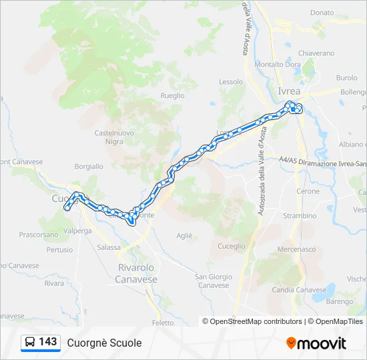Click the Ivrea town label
(x=288, y=91)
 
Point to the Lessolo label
(x=231, y=82)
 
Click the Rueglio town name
(x=172, y=95)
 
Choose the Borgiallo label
(x=89, y=167)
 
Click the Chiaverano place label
(x=316, y=53)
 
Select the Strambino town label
(x=300, y=216)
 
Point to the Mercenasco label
(x=296, y=249)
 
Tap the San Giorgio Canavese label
(x=214, y=281)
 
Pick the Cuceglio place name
(x=232, y=246)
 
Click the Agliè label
(x=184, y=235)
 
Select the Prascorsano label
(x=39, y=235)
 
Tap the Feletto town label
(x=162, y=323)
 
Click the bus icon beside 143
(x=29, y=343)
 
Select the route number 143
(x=48, y=343)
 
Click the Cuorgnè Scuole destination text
(x=104, y=343)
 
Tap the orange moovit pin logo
(x=291, y=343)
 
